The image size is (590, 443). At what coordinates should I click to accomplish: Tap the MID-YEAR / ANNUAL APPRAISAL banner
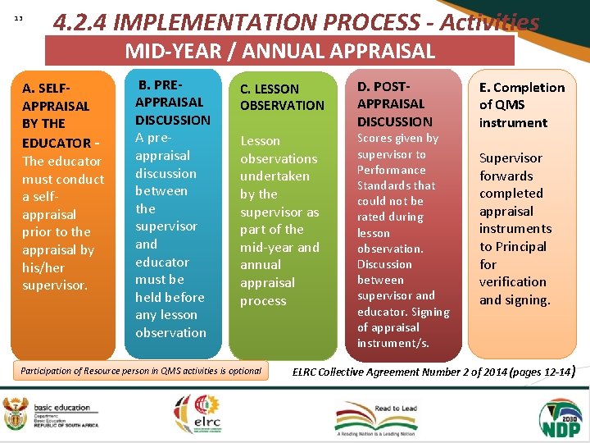279,51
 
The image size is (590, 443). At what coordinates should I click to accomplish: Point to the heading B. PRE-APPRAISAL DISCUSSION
172,102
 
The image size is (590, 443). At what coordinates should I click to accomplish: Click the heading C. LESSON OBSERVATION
282,97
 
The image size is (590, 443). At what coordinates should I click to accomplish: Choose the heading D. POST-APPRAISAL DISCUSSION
395,103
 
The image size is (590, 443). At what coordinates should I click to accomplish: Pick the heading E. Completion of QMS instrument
521,105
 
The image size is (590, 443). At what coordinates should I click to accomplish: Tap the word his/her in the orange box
43,267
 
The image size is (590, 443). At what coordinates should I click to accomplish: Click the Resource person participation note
141,371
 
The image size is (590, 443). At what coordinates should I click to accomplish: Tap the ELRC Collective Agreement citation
434,372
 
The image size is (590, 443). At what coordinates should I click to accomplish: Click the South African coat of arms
15,413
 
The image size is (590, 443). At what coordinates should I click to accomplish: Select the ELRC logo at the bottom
196,414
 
